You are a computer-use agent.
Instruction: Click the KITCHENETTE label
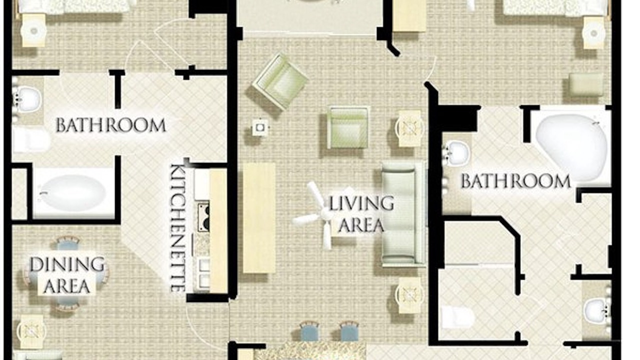(178, 228)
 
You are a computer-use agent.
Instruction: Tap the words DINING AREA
(67, 275)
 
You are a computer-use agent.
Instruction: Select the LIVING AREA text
(361, 214)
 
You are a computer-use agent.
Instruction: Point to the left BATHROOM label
(111, 125)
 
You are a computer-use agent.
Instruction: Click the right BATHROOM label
(515, 181)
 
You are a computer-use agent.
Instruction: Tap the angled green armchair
(280, 81)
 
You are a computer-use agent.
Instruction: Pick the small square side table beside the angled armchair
(260, 127)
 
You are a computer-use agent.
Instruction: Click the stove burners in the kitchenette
(203, 217)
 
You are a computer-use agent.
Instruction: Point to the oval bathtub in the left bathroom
(73, 193)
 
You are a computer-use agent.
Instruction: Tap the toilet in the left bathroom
(30, 140)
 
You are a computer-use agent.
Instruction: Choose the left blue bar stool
(309, 331)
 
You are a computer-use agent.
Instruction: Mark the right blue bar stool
(349, 331)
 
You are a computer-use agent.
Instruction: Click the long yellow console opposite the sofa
(259, 218)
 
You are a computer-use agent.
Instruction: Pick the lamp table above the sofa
(409, 128)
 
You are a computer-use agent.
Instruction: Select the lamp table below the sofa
(409, 295)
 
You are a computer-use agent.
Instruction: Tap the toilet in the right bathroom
(457, 317)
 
